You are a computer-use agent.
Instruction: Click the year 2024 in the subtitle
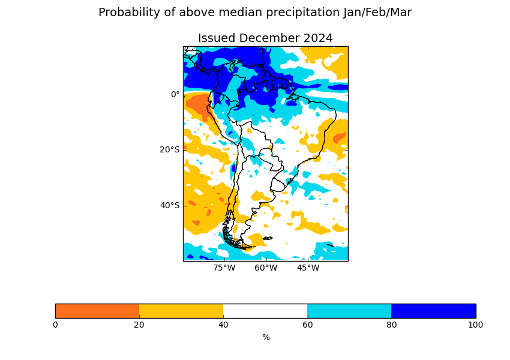[318, 38]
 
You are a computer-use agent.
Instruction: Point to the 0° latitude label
[175, 94]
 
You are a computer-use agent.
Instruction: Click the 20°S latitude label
[169, 149]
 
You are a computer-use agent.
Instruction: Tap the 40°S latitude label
[169, 205]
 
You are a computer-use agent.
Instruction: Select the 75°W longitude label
[224, 268]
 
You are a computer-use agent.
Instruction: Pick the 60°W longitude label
[266, 268]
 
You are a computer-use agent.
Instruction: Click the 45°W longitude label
[308, 268]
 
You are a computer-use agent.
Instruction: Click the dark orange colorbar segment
[97, 311]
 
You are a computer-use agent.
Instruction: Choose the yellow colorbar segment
[181, 311]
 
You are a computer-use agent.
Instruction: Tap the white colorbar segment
[265, 311]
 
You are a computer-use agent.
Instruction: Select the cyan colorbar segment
[349, 311]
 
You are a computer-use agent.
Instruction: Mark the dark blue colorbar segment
[433, 311]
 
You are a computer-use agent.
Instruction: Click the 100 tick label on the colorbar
[475, 325]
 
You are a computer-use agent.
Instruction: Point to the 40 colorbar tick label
[223, 325]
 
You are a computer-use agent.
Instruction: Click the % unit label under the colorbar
[266, 338]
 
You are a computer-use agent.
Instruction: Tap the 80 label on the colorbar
[391, 325]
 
